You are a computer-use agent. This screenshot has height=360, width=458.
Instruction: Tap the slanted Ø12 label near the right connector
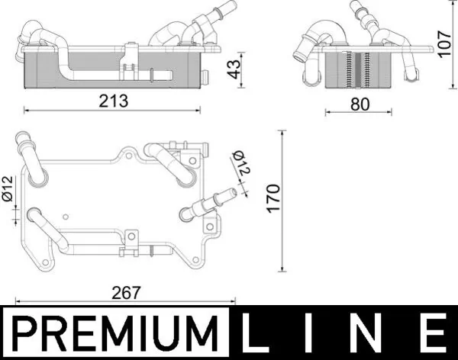click(241, 162)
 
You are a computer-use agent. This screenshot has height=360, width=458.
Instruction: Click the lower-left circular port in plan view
click(35, 215)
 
